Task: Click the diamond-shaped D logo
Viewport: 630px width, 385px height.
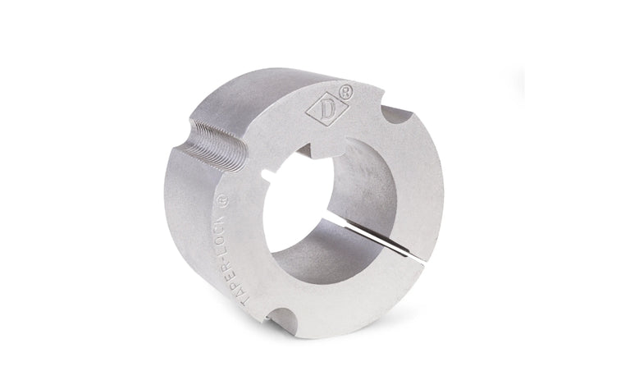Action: tap(326, 109)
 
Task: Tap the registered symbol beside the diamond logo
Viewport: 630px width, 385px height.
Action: tap(346, 92)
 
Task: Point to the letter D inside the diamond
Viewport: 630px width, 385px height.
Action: tap(326, 109)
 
